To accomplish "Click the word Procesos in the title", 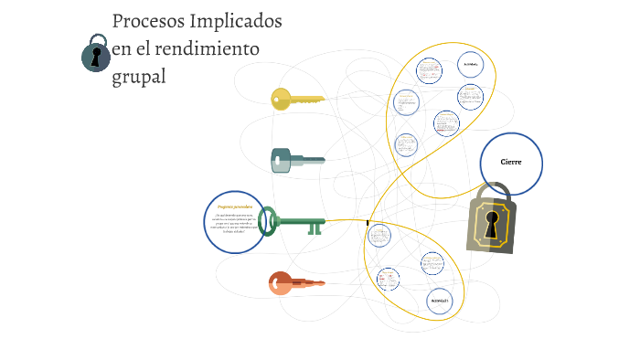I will (x=145, y=21).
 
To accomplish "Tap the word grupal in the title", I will (x=139, y=77).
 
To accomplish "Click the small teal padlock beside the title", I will (x=95, y=54).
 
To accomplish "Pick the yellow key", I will (x=297, y=99).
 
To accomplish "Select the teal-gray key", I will (x=297, y=161).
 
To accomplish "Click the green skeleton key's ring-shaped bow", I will (x=268, y=221).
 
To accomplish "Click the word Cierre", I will (x=510, y=162).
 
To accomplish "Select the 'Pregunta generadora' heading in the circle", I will (x=235, y=207).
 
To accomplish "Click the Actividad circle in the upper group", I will (x=471, y=65).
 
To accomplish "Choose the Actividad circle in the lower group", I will (x=440, y=301).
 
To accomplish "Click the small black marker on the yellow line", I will (x=368, y=222).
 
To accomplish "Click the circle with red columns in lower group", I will (x=388, y=280).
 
